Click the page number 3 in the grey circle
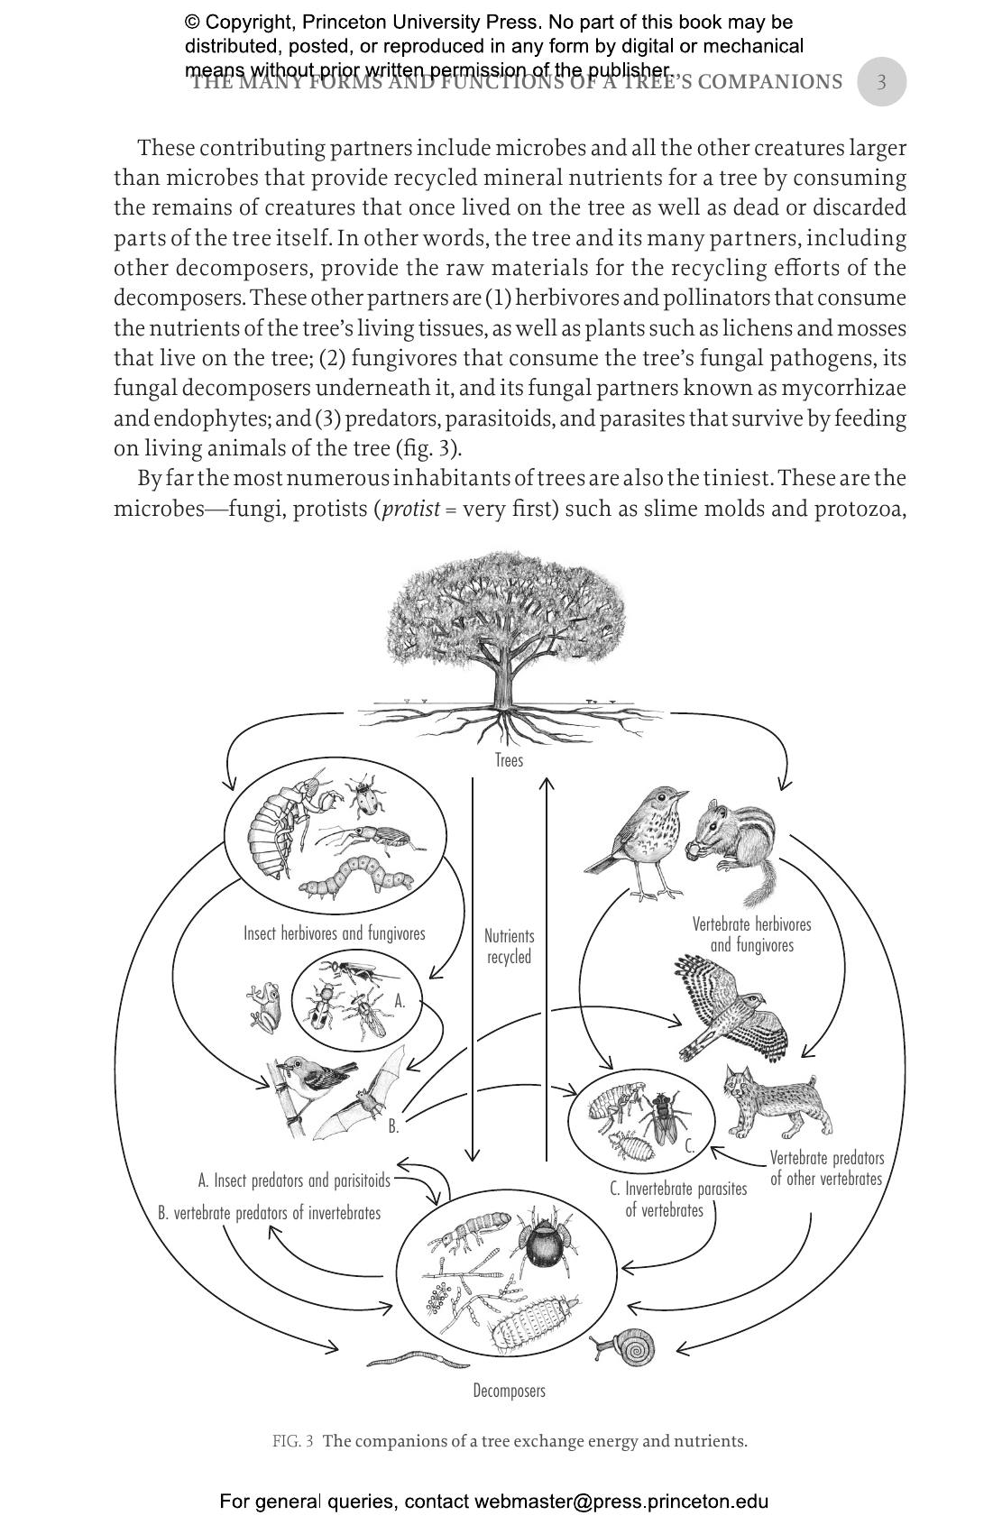point(881,82)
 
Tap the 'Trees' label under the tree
point(509,760)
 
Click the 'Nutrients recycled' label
point(509,947)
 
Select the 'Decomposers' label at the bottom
point(509,1391)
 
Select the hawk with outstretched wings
point(731,1009)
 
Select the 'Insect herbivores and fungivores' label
point(334,933)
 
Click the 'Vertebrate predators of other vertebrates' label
point(826,1168)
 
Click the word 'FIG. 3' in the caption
point(292,1441)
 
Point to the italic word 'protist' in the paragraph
point(411,509)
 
